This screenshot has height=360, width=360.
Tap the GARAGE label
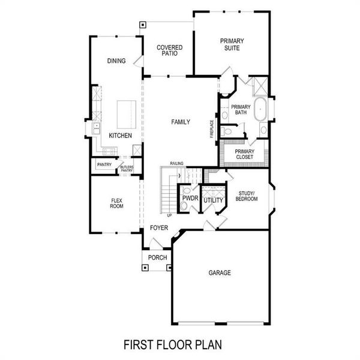(x=220, y=272)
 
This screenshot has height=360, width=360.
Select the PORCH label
(x=157, y=258)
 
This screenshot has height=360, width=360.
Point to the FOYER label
(x=159, y=228)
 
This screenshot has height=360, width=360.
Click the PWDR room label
(x=190, y=197)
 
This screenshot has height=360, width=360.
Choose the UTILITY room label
(x=213, y=200)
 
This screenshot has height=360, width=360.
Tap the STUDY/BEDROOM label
(x=247, y=196)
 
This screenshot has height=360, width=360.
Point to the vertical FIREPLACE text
(x=212, y=128)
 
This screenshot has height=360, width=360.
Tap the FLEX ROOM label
(x=116, y=203)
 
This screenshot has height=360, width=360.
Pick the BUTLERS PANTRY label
(x=127, y=169)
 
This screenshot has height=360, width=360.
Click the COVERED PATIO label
(x=169, y=50)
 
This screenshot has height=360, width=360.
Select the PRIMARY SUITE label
(x=232, y=44)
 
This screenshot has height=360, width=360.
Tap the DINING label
(x=116, y=61)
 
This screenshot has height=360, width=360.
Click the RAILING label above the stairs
(x=176, y=163)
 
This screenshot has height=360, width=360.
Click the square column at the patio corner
(x=143, y=25)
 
